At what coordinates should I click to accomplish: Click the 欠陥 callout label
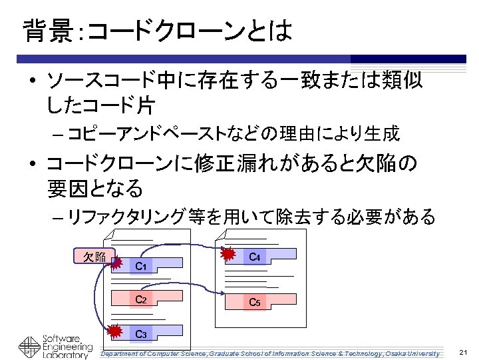coord(94,257)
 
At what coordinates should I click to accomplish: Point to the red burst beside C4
coord(229,254)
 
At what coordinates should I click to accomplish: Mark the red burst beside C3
coord(116,330)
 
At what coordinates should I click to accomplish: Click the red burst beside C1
coord(116,264)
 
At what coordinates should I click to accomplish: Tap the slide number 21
coord(464,352)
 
